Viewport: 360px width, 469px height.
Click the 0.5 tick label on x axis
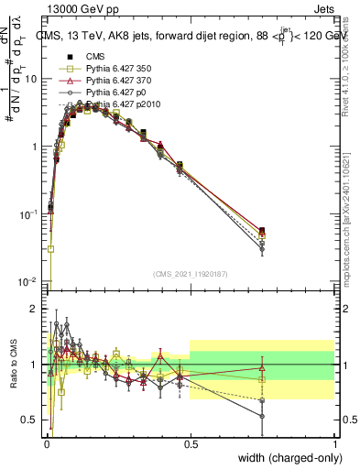(x=191, y=442)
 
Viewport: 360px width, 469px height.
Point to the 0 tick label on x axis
(x=46, y=442)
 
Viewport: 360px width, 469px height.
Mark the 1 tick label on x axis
(x=335, y=442)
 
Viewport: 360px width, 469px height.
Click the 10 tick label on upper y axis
(x=31, y=79)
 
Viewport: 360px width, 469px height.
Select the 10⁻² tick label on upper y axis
(x=29, y=281)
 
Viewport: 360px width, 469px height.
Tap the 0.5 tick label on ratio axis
(x=31, y=420)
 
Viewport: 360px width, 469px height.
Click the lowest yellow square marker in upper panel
(x=51, y=248)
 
